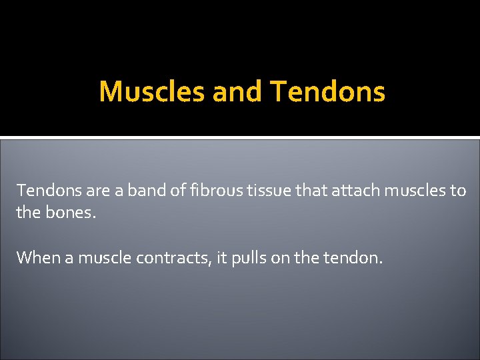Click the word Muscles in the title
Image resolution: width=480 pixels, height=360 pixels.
pos(152,92)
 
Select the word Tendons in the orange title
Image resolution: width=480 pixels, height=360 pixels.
pos(328,92)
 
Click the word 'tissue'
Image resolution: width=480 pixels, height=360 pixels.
pos(255,191)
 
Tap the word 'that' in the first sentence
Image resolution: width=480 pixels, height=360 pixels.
pos(297,191)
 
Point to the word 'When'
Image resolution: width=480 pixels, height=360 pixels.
pos(38,257)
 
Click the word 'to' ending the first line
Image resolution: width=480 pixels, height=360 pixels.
pos(458,191)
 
